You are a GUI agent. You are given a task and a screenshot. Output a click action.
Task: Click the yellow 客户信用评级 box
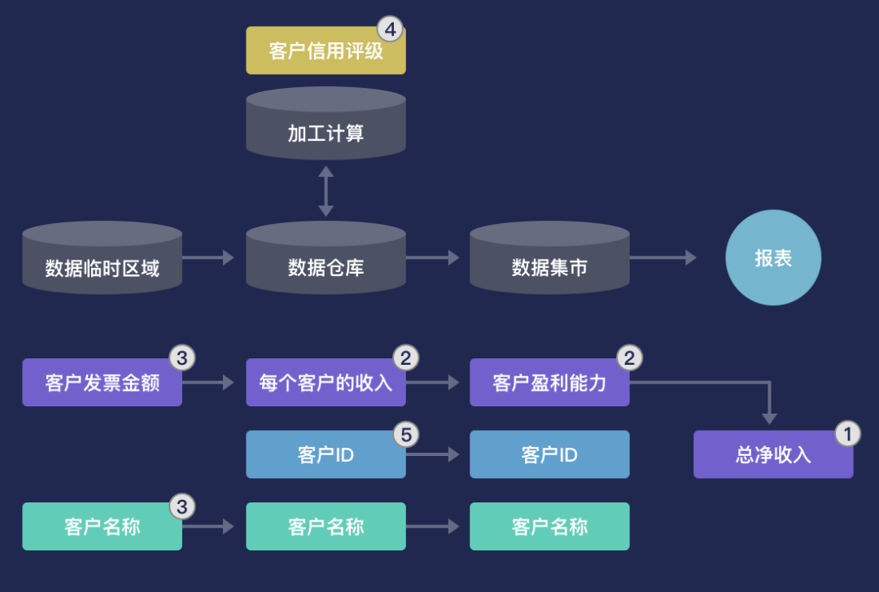326,51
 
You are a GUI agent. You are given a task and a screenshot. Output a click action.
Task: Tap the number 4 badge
391,30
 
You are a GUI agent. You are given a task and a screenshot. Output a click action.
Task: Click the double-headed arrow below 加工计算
326,191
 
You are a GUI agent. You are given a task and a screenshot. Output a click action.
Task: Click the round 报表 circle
773,258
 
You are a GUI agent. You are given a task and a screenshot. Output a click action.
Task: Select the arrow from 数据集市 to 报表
663,257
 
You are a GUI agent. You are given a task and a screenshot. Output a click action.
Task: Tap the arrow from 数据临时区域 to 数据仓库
208,257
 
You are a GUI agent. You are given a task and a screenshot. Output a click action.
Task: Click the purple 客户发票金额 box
102,383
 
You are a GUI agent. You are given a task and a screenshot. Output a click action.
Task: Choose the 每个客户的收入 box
326,383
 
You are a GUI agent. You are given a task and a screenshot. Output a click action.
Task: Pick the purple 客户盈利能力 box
549,383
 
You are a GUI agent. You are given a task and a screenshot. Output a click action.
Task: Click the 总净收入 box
773,454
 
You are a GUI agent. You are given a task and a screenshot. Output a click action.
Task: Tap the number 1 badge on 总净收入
847,434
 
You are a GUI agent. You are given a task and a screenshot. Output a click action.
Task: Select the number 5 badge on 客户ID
406,434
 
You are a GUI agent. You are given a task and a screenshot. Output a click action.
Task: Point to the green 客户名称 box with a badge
102,527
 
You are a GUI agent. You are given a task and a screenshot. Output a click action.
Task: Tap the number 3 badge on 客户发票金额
181,357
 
